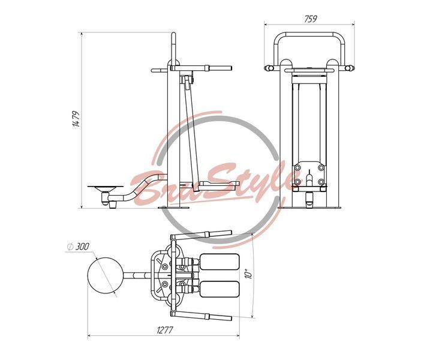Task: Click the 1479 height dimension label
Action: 76,119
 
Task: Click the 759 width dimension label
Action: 311,19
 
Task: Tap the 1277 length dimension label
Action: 165,330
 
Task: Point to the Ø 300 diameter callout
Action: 78,247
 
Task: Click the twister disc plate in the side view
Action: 106,188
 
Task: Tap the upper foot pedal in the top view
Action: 219,262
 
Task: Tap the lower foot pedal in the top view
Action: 219,289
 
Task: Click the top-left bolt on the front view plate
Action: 297,168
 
